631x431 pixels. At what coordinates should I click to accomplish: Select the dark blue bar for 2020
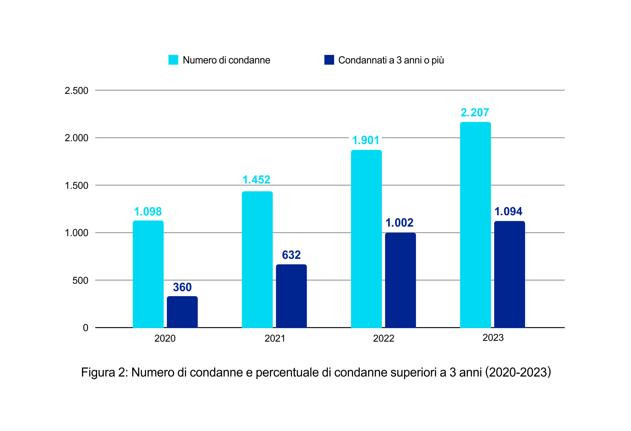[x=182, y=312]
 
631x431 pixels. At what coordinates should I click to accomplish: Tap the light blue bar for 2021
[x=257, y=259]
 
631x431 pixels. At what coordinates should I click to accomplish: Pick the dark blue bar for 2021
[x=291, y=296]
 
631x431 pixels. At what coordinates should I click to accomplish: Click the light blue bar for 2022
[x=366, y=239]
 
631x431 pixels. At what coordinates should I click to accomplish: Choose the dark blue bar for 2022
[x=400, y=280]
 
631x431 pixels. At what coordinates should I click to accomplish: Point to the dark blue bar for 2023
[x=510, y=274]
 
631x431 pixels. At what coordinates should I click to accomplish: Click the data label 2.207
[x=475, y=113]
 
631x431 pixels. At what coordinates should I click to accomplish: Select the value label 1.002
[x=399, y=223]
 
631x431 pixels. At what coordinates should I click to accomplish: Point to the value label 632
[x=291, y=255]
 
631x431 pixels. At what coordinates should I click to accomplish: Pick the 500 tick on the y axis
[x=80, y=280]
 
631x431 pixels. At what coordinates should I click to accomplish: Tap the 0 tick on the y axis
[x=85, y=328]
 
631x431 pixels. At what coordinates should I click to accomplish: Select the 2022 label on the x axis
[x=383, y=338]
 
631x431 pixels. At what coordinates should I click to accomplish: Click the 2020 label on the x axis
[x=165, y=338]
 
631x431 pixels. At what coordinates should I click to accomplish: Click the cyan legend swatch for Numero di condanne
[x=173, y=60]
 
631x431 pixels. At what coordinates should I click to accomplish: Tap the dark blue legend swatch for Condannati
[x=329, y=60]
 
